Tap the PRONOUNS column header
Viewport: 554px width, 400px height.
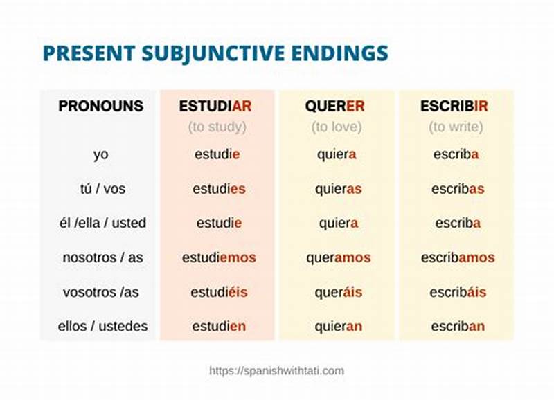point(101,107)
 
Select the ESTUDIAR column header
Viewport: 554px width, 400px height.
point(215,107)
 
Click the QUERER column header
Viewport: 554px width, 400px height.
point(334,107)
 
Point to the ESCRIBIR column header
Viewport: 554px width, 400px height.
point(454,107)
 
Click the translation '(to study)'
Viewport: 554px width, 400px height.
point(217,127)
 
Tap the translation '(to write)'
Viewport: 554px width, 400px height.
point(456,127)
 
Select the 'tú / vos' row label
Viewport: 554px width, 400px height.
point(102,189)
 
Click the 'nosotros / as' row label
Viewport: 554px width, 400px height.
point(102,257)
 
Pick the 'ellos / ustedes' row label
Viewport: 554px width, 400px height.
point(102,326)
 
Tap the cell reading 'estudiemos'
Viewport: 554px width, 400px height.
point(219,257)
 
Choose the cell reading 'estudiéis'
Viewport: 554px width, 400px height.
point(219,292)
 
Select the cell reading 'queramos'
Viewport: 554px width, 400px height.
point(338,257)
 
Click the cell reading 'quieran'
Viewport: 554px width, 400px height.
point(338,326)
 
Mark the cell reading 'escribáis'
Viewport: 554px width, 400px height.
point(458,292)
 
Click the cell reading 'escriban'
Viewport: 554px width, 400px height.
point(458,326)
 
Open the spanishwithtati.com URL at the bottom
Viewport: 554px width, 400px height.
point(276,371)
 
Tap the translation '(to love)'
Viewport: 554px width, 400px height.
point(337,127)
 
